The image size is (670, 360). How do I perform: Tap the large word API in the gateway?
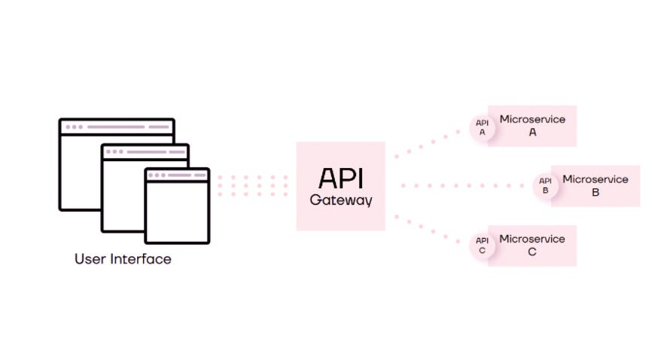(x=341, y=179)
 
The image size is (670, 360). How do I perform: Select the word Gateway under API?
(x=341, y=200)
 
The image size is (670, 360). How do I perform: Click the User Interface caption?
(x=123, y=259)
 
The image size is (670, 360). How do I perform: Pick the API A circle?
(x=482, y=127)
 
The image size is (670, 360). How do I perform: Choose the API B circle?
(x=546, y=185)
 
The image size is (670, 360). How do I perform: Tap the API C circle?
(x=482, y=246)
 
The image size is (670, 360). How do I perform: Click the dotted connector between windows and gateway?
(x=252, y=186)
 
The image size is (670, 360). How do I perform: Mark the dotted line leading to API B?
(x=467, y=185)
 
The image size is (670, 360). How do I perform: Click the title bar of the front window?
(x=177, y=175)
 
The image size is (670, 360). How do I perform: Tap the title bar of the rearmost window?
(x=117, y=127)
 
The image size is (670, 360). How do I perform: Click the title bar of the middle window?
(x=145, y=151)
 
